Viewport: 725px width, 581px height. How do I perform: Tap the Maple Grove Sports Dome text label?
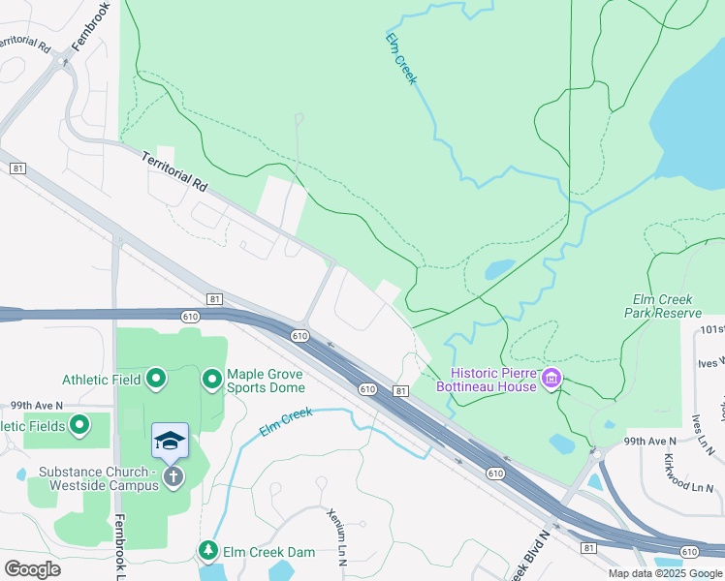(266, 381)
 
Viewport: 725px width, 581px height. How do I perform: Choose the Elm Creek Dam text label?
(268, 552)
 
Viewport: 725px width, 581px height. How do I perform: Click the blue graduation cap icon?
(170, 441)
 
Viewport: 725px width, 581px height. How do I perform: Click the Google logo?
(32, 568)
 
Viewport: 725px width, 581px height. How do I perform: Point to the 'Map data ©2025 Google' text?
(665, 573)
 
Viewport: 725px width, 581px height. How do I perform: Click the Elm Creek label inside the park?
(400, 59)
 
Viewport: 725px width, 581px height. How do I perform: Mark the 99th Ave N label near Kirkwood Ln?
(649, 441)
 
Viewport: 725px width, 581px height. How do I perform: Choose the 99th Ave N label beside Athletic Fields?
(36, 404)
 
